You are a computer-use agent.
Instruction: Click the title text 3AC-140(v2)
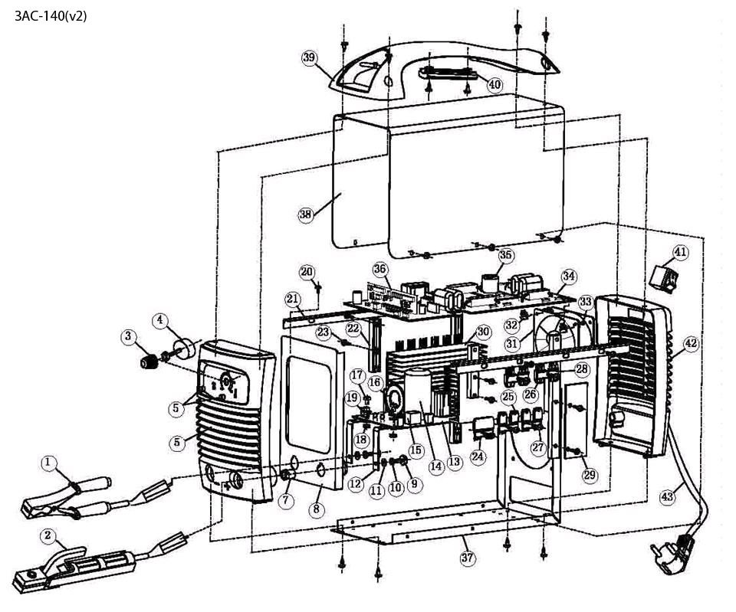click(51, 16)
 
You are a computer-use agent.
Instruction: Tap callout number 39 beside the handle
click(309, 57)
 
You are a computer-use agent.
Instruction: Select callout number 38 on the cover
click(306, 214)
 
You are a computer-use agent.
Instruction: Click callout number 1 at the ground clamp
click(48, 463)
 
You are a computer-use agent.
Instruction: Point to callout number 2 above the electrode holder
click(48, 535)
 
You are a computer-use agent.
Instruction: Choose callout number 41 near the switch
click(680, 252)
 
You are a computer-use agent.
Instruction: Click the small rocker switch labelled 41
click(663, 277)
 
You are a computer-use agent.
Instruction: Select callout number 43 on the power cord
click(667, 496)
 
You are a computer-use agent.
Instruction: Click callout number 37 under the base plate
click(468, 558)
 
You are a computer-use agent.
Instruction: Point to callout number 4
click(160, 321)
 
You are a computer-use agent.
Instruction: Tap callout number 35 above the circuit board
click(505, 255)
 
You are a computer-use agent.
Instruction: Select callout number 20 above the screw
click(307, 272)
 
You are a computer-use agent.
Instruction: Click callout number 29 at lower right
click(590, 475)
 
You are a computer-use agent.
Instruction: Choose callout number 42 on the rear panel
click(691, 344)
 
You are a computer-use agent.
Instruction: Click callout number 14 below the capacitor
click(436, 466)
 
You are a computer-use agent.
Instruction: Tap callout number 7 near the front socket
click(286, 500)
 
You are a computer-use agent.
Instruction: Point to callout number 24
click(478, 456)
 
